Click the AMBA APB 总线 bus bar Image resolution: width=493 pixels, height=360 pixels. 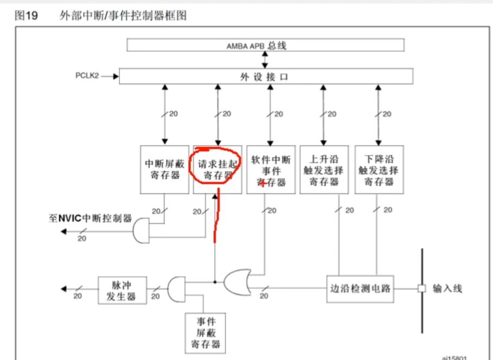pos(265,45)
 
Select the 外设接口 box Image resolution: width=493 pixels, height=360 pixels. pos(265,76)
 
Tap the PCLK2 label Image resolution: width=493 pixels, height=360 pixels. pos(87,76)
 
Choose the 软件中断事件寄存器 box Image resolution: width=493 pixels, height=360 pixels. pos(270,169)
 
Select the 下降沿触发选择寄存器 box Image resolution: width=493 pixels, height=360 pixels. pos(379,169)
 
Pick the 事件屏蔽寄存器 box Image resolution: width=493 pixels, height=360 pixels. pos(206,332)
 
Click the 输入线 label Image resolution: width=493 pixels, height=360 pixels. pos(448,288)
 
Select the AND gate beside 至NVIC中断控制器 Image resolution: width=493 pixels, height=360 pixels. pos(142,232)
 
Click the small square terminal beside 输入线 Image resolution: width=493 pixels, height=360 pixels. pos(421,288)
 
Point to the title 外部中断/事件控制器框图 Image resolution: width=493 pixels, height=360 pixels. pos(123,16)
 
